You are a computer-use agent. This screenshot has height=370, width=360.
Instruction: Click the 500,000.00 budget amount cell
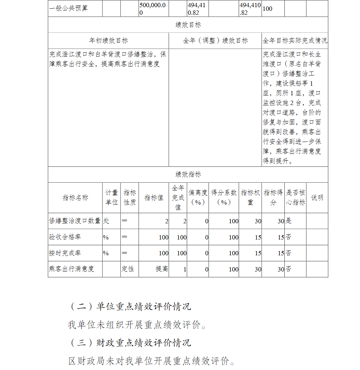coord(153,8)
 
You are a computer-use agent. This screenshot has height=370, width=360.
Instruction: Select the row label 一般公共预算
coord(68,8)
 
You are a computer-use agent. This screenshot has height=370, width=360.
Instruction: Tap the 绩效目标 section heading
coord(188,25)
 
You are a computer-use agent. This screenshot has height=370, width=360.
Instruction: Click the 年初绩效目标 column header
coord(108,41)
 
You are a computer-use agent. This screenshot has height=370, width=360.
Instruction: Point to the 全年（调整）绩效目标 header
coord(215,41)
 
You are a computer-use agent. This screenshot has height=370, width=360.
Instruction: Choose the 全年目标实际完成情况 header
coord(295,41)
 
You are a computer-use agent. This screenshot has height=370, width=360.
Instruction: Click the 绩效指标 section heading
coord(188,174)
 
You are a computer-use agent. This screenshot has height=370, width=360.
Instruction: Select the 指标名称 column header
coord(75,198)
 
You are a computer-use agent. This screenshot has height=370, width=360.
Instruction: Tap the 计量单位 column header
coord(112,198)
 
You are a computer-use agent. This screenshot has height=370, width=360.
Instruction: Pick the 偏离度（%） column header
coord(198,198)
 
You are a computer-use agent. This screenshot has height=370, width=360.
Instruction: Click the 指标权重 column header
coord(250,198)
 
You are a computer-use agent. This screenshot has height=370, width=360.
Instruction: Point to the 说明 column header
coord(317,198)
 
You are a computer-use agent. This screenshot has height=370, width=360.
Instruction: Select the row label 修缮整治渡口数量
coord(75,221)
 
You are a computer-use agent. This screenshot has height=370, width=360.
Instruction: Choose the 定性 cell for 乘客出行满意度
coord(128,269)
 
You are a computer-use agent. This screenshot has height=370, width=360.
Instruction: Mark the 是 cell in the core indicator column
coord(289,221)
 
